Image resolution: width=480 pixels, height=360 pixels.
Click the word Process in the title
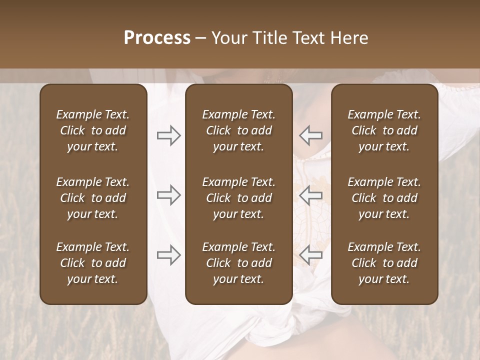pyautogui.click(x=157, y=38)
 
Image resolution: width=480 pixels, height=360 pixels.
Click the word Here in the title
pyautogui.click(x=349, y=38)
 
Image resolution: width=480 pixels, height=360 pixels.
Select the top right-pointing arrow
pyautogui.click(x=169, y=135)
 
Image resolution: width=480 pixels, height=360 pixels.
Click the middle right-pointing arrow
pyautogui.click(x=169, y=195)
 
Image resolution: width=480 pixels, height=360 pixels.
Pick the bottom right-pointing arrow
pyautogui.click(x=169, y=255)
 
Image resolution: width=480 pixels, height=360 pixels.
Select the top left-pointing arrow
pyautogui.click(x=311, y=135)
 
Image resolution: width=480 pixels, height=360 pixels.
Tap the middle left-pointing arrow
pyautogui.click(x=311, y=195)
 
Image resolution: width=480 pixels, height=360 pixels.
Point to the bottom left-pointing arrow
pyautogui.click(x=311, y=255)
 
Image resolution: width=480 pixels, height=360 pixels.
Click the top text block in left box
pyautogui.click(x=93, y=130)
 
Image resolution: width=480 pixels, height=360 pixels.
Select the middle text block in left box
pyautogui.click(x=93, y=198)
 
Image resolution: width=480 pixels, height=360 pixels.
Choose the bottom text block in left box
pyautogui.click(x=93, y=263)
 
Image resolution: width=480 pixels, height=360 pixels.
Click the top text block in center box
pyautogui.click(x=239, y=130)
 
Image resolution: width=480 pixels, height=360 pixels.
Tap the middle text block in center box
pyautogui.click(x=239, y=198)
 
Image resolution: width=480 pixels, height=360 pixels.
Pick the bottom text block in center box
pyautogui.click(x=239, y=263)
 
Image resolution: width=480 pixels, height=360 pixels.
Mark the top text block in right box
pyautogui.click(x=384, y=130)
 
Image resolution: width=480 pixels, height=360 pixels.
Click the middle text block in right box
pyautogui.click(x=384, y=198)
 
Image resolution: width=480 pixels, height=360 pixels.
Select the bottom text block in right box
pyautogui.click(x=384, y=263)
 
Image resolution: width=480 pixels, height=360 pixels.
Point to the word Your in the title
pyautogui.click(x=227, y=38)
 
